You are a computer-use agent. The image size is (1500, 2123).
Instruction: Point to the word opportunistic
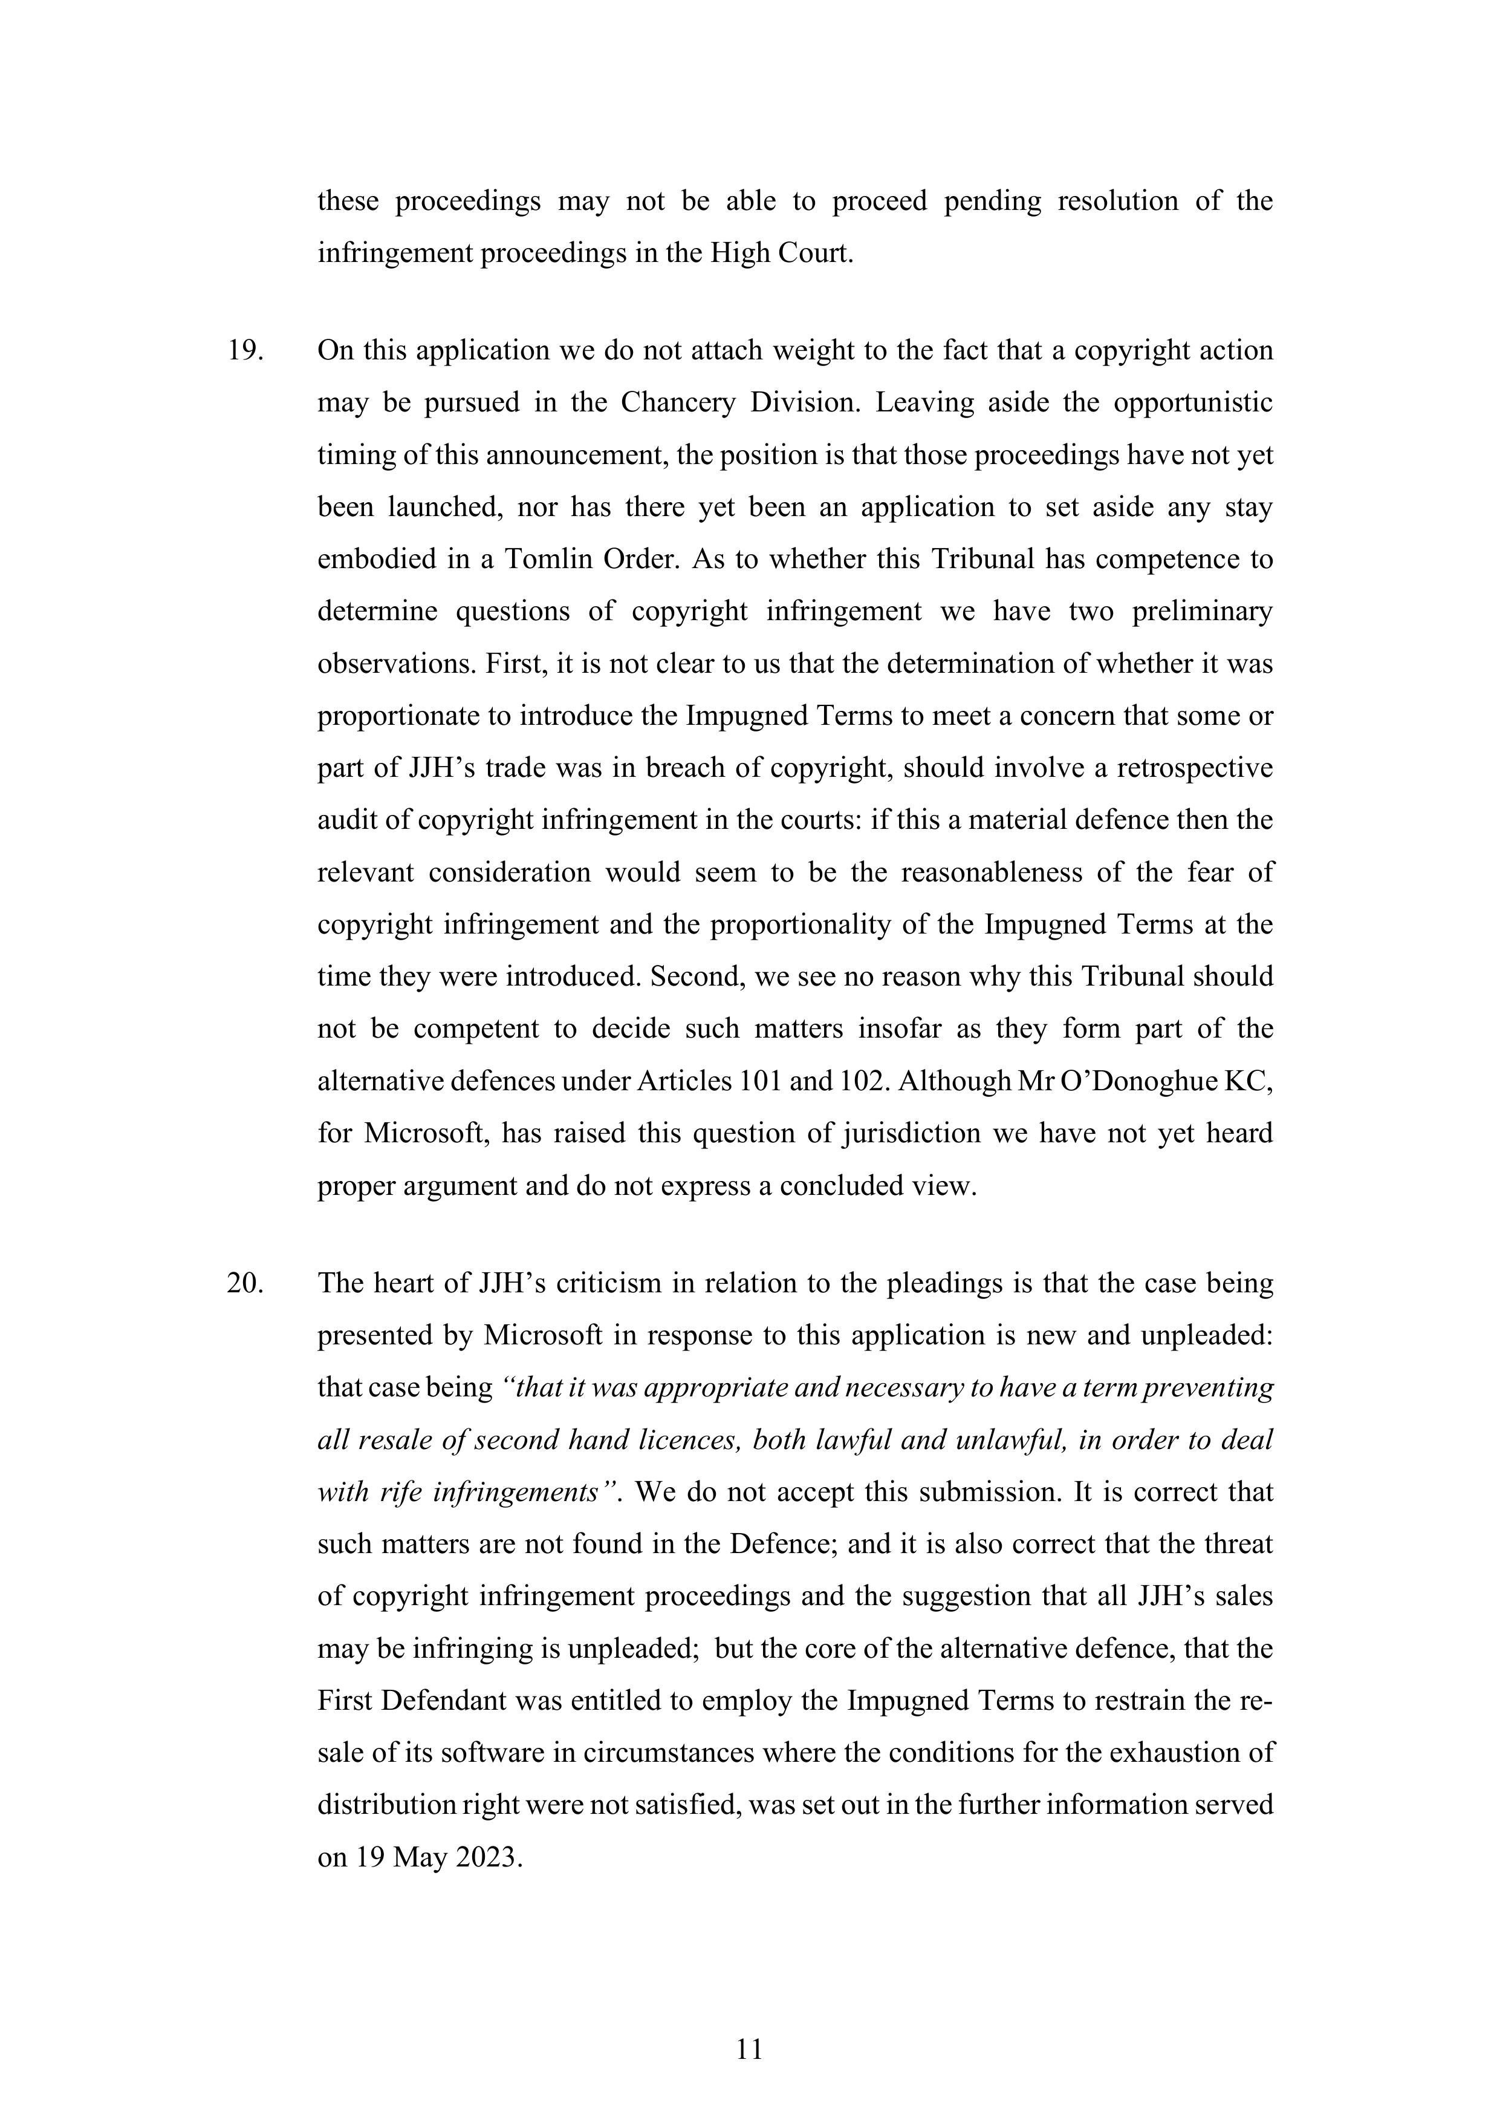pos(1192,403)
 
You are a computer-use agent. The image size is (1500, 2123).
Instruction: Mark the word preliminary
pos(1201,612)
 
